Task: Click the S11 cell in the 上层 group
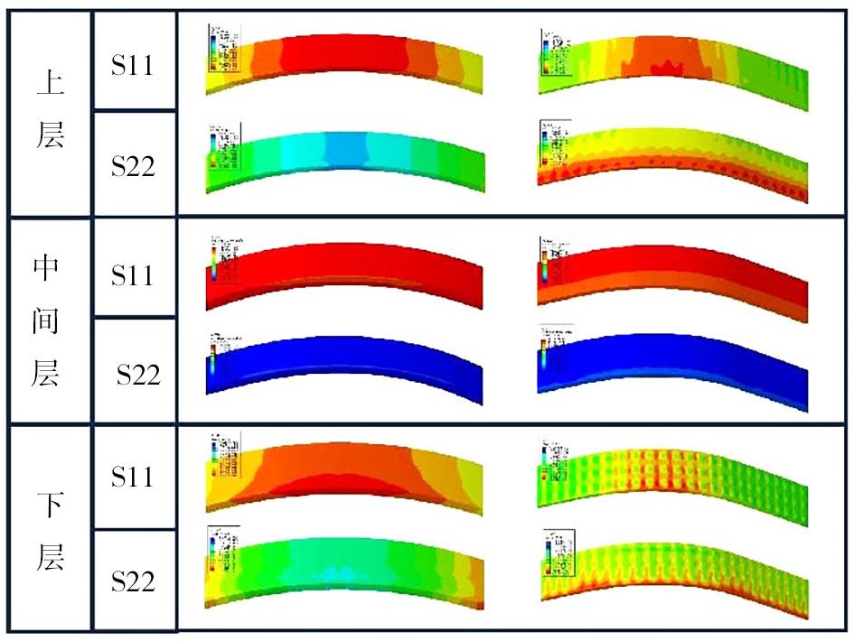134,66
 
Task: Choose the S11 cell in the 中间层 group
134,274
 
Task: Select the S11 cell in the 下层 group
134,478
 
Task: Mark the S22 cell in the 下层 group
134,581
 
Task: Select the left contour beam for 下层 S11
343,473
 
